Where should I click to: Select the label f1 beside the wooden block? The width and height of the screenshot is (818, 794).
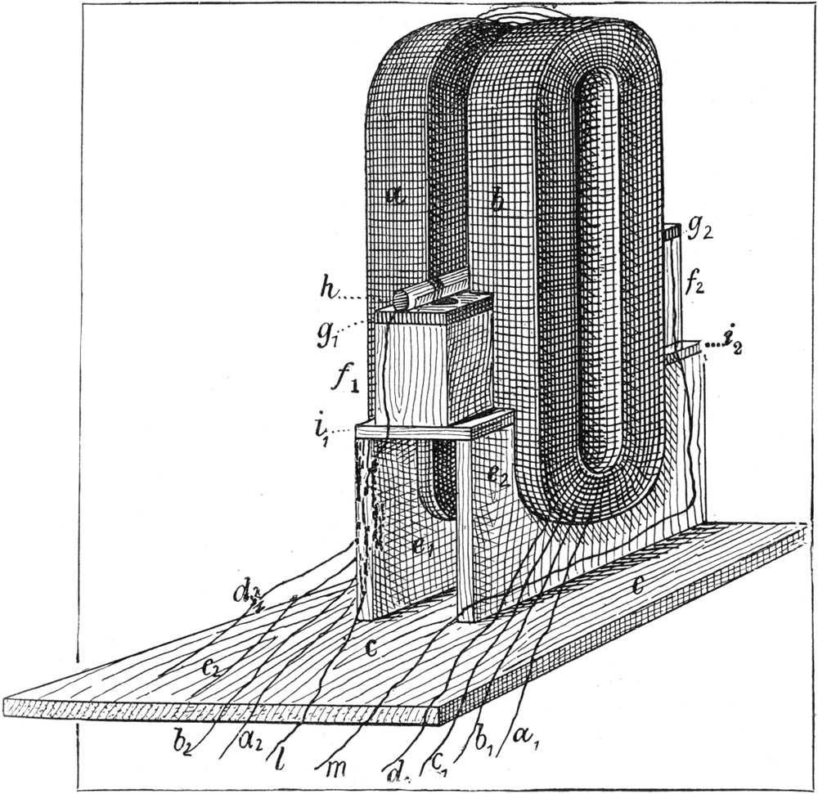click(343, 381)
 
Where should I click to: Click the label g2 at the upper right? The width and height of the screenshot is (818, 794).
click(698, 230)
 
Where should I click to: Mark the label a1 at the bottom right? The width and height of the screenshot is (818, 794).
click(524, 734)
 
